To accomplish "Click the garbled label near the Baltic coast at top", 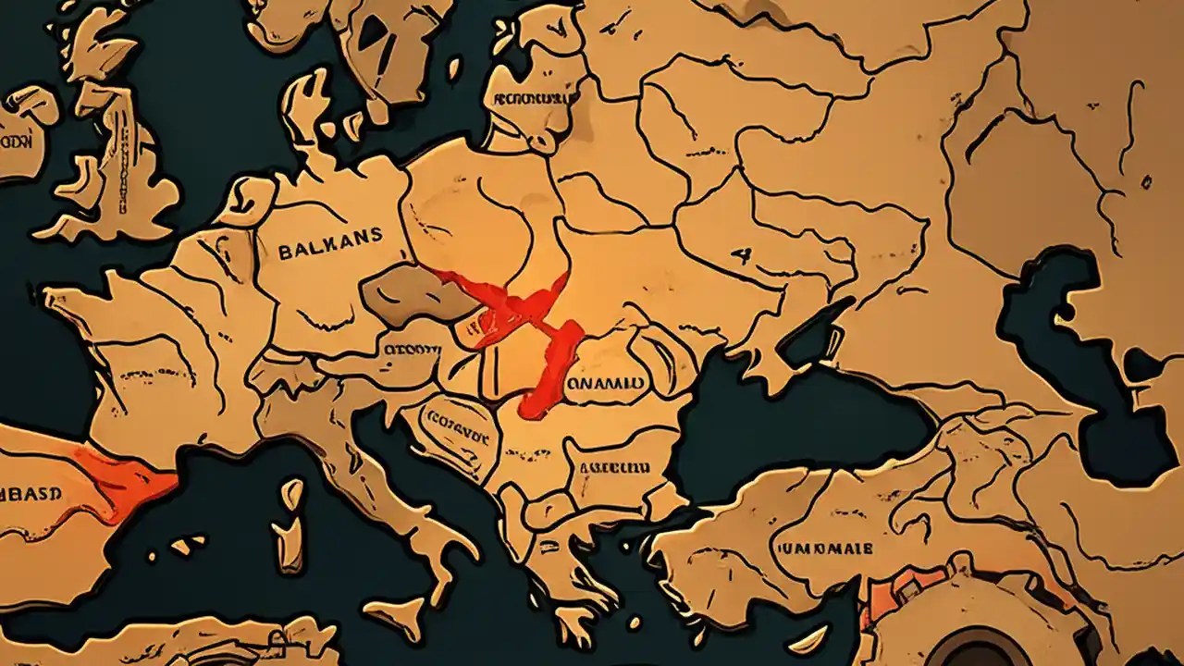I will [x=528, y=98].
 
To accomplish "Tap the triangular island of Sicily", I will [x=393, y=611].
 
